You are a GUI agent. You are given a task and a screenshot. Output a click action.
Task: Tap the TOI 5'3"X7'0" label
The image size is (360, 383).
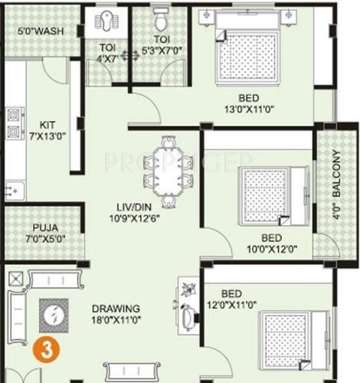161,46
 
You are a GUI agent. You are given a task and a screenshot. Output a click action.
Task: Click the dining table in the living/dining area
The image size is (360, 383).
167,165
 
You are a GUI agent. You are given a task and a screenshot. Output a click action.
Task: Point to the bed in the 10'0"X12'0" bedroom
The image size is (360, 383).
268,195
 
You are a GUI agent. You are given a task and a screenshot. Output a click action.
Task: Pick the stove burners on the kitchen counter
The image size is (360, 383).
13,122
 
